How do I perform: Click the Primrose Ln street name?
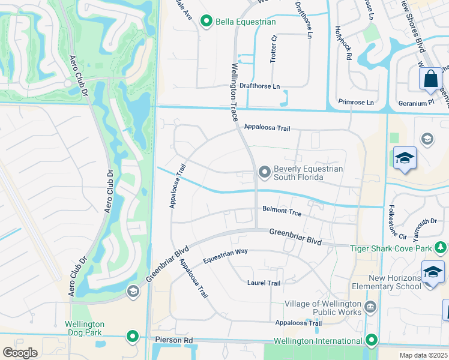pyautogui.click(x=355, y=103)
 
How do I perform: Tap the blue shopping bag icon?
pyautogui.click(x=430, y=79)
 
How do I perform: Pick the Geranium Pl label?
pyautogui.click(x=416, y=103)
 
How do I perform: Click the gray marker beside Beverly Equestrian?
pyautogui.click(x=264, y=173)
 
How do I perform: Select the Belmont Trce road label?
pyautogui.click(x=282, y=211)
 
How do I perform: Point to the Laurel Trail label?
pyautogui.click(x=264, y=283)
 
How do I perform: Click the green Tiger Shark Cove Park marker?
pyautogui.click(x=441, y=247)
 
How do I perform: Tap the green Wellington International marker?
pyautogui.click(x=372, y=341)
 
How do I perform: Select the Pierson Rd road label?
pyautogui.click(x=171, y=340)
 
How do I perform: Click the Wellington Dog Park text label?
pyautogui.click(x=85, y=328)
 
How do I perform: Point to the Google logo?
pyautogui.click(x=20, y=353)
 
